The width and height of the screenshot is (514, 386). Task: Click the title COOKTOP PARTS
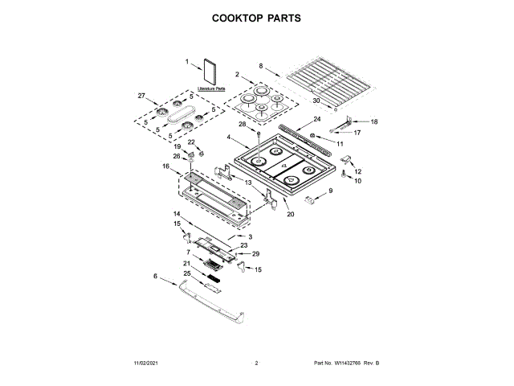pos(257,18)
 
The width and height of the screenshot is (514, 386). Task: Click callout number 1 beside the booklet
pos(187,61)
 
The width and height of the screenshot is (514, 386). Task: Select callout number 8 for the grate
pos(261,66)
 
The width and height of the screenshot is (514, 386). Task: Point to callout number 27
pos(142,96)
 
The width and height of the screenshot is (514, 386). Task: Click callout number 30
pos(316,101)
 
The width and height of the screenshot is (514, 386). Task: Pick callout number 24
pos(317,119)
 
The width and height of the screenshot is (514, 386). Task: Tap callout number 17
pos(358,132)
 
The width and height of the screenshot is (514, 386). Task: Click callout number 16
pos(165,166)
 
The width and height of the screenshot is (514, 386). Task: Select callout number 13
pos(248,183)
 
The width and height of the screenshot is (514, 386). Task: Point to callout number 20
pos(291,214)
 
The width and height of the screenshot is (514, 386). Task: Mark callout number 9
pos(328,191)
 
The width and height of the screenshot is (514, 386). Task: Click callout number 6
pos(155,276)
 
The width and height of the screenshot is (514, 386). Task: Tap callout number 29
pos(256,253)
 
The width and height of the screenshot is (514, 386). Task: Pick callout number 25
pos(187,273)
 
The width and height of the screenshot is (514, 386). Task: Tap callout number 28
pos(242,124)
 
